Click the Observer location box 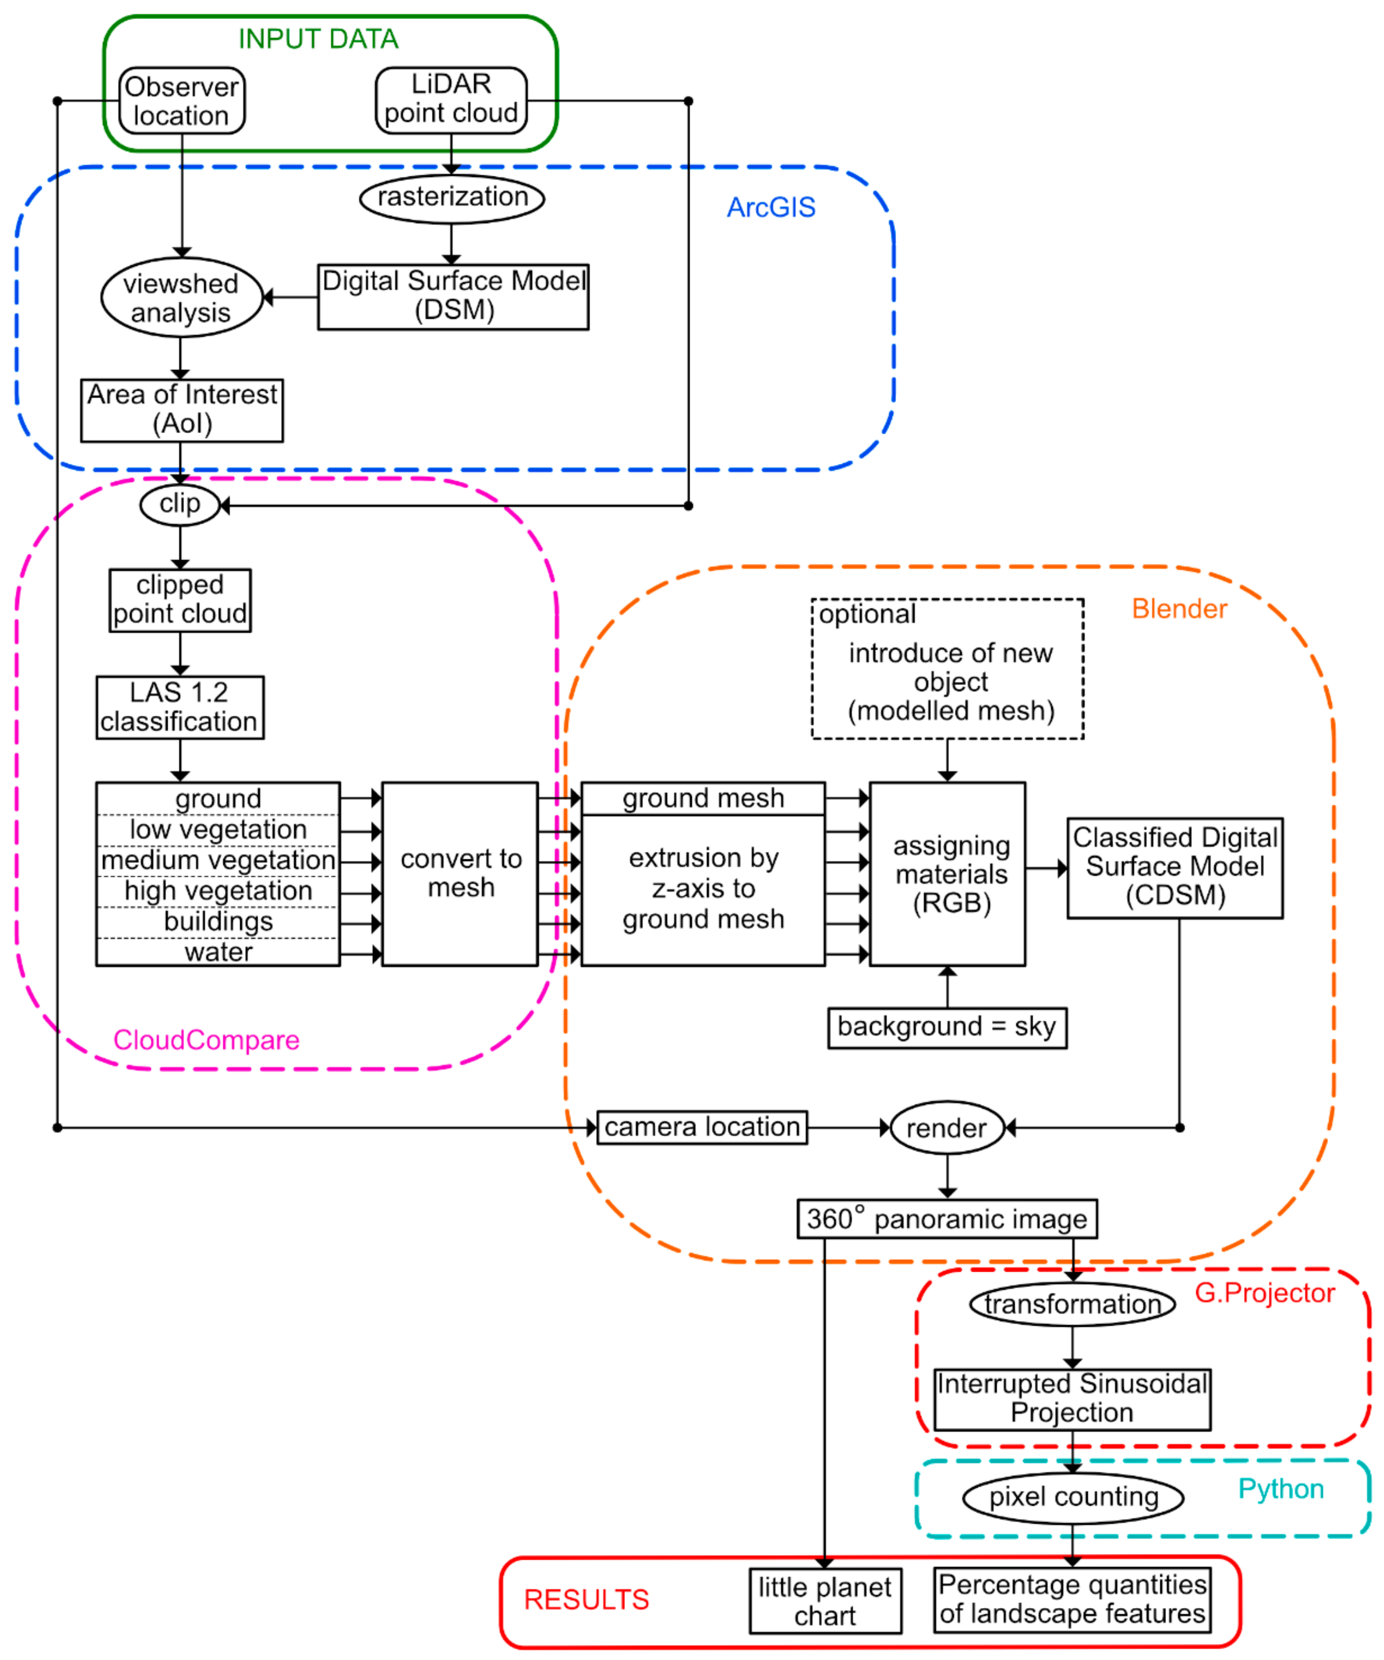[182, 100]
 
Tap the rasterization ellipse [452, 197]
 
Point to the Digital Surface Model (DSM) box [453, 296]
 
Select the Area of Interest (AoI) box [182, 409]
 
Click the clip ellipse [179, 504]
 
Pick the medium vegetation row [218, 860]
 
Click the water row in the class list [218, 952]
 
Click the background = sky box [946, 1027]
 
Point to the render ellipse [946, 1128]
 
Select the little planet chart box [824, 1601]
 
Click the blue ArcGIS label [770, 208]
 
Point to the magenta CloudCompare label [206, 1040]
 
